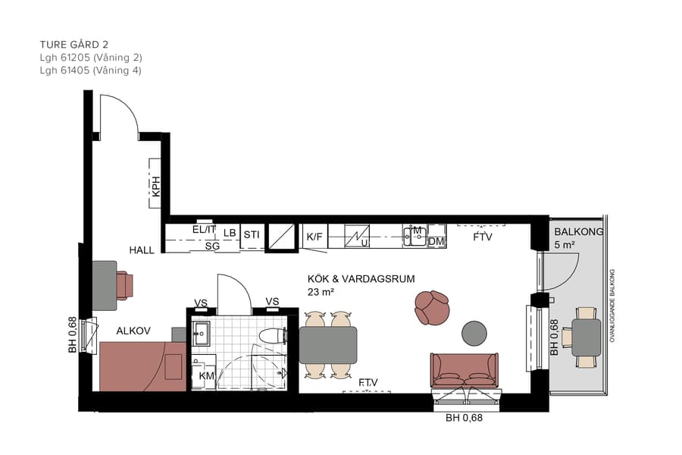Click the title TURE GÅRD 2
click(x=80, y=44)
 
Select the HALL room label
click(x=142, y=249)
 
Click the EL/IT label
click(x=204, y=229)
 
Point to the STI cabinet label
click(x=252, y=235)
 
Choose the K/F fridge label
click(x=314, y=237)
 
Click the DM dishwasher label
click(x=436, y=242)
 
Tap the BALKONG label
click(x=578, y=232)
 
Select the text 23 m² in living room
click(x=322, y=291)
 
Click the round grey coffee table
click(x=475, y=332)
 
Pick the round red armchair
click(x=432, y=307)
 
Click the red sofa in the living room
click(x=464, y=370)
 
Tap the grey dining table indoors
click(x=327, y=345)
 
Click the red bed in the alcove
click(x=142, y=366)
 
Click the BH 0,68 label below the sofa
click(x=463, y=417)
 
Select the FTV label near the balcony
click(x=482, y=237)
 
